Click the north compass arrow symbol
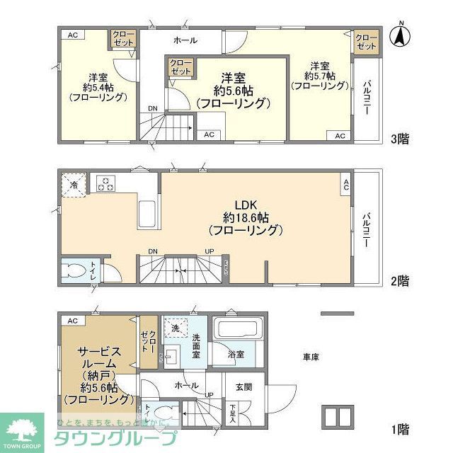pyautogui.click(x=401, y=36)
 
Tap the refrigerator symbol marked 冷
pyautogui.click(x=74, y=184)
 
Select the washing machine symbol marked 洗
pyautogui.click(x=175, y=328)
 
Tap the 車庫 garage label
pyautogui.click(x=311, y=357)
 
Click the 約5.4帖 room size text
pyautogui.click(x=98, y=88)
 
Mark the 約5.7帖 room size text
pyautogui.click(x=319, y=75)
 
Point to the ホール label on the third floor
pyautogui.click(x=185, y=40)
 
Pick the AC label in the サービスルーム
pyautogui.click(x=72, y=321)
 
